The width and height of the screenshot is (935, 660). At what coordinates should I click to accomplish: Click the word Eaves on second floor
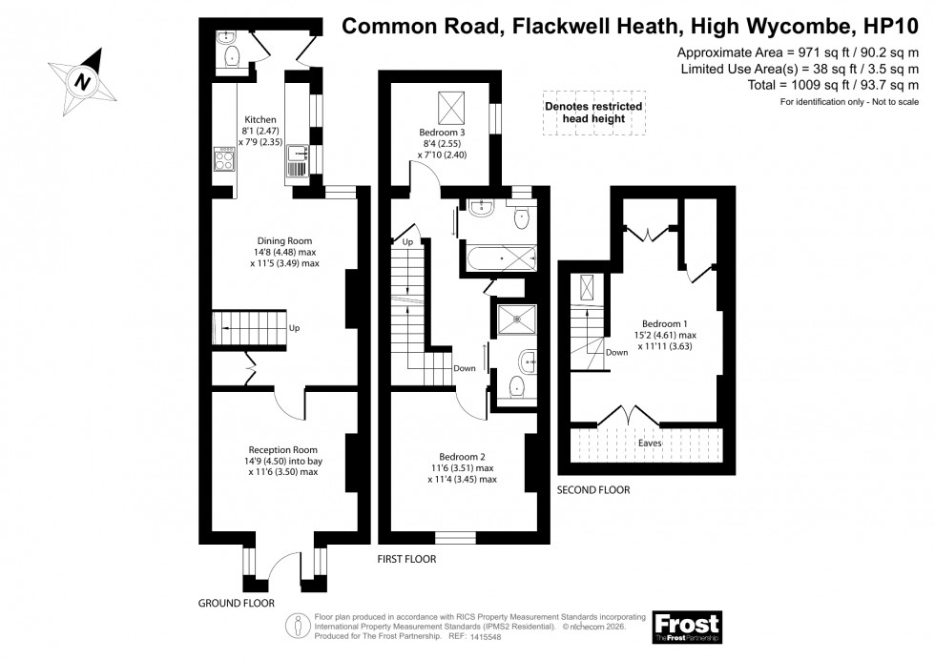pyautogui.click(x=653, y=443)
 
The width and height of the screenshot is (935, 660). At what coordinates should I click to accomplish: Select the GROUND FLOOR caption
pyautogui.click(x=236, y=604)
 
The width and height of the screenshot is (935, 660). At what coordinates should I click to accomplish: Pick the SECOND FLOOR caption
pyautogui.click(x=593, y=490)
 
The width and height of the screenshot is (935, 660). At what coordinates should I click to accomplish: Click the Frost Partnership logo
pyautogui.click(x=687, y=626)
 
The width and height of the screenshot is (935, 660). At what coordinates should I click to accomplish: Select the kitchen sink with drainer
pyautogui.click(x=295, y=162)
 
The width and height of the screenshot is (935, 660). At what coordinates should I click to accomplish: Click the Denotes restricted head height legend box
pyautogui.click(x=593, y=113)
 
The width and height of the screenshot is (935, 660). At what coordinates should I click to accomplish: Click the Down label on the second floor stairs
pyautogui.click(x=615, y=352)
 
